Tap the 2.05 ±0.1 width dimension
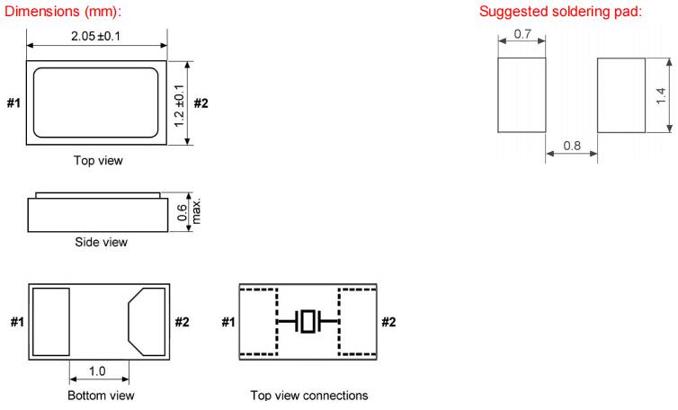point(96,35)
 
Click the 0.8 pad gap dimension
point(572,144)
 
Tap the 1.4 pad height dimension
point(662,95)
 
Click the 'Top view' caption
point(97,162)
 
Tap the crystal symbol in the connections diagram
point(308,321)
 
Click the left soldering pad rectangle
point(522,95)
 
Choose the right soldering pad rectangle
point(621,95)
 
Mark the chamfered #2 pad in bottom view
point(146,321)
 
